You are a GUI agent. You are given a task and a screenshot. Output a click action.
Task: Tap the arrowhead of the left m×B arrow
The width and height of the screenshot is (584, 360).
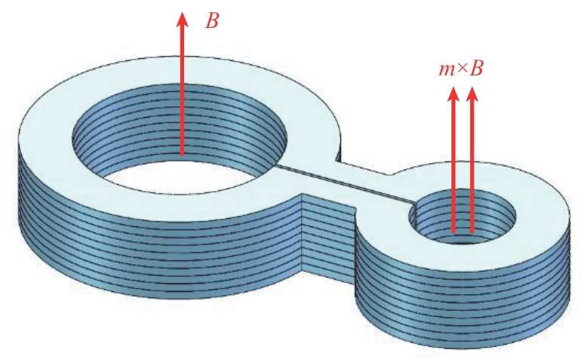click(x=453, y=95)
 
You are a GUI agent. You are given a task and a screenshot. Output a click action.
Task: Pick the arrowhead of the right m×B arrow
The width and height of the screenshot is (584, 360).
click(x=472, y=95)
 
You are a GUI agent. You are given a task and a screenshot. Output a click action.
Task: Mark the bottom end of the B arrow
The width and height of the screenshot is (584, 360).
click(x=181, y=153)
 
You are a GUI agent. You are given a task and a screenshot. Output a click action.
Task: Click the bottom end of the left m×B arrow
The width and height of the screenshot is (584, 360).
click(x=453, y=231)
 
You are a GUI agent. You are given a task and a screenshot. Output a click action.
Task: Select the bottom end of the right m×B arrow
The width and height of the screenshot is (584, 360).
click(x=472, y=231)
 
